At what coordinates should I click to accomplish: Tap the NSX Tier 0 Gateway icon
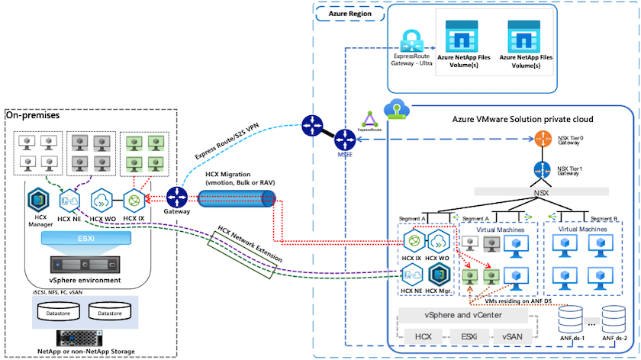click(542, 140)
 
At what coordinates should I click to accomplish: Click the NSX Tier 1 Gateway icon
click(542, 170)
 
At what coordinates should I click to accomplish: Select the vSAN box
click(519, 336)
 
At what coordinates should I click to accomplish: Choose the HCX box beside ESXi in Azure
click(423, 336)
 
